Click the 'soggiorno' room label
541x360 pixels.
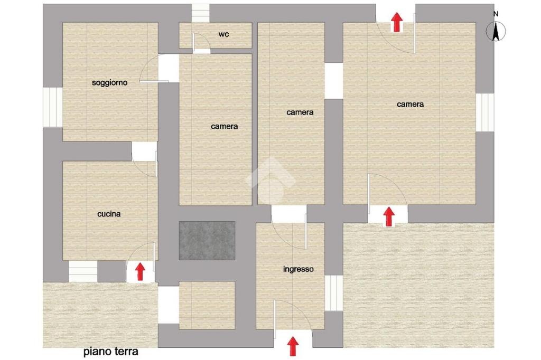[109, 83]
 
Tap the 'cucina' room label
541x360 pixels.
[109, 214]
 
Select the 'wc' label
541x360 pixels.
[223, 34]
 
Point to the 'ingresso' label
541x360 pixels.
[299, 269]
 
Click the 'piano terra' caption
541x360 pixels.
[111, 352]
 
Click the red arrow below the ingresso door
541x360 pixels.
[293, 346]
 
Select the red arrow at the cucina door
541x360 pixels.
[140, 272]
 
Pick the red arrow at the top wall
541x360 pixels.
[397, 22]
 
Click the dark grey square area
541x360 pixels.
[207, 241]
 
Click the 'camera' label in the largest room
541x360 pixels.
[410, 104]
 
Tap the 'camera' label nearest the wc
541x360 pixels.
[224, 127]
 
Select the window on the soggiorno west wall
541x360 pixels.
[53, 107]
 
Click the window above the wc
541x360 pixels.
[201, 13]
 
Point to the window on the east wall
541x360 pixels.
[485, 112]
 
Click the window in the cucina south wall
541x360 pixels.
[83, 271]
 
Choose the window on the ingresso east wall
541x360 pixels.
[334, 293]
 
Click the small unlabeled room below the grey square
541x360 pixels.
[207, 305]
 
